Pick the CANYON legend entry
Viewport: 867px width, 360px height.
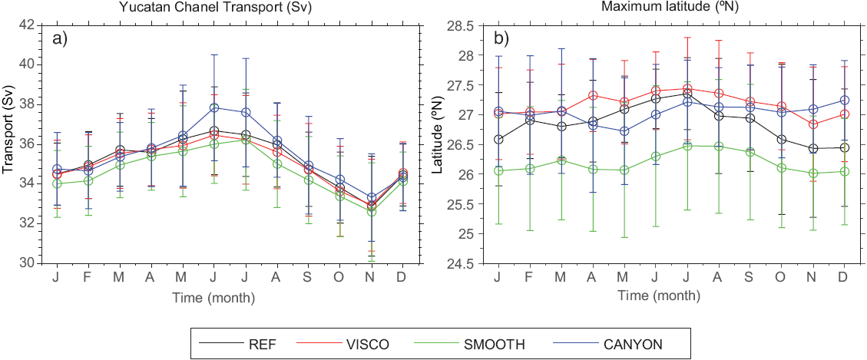point(631,342)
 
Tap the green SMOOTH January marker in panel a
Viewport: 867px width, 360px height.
point(57,184)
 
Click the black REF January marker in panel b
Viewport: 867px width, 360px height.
point(498,140)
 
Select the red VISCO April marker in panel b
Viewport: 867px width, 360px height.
point(593,96)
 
